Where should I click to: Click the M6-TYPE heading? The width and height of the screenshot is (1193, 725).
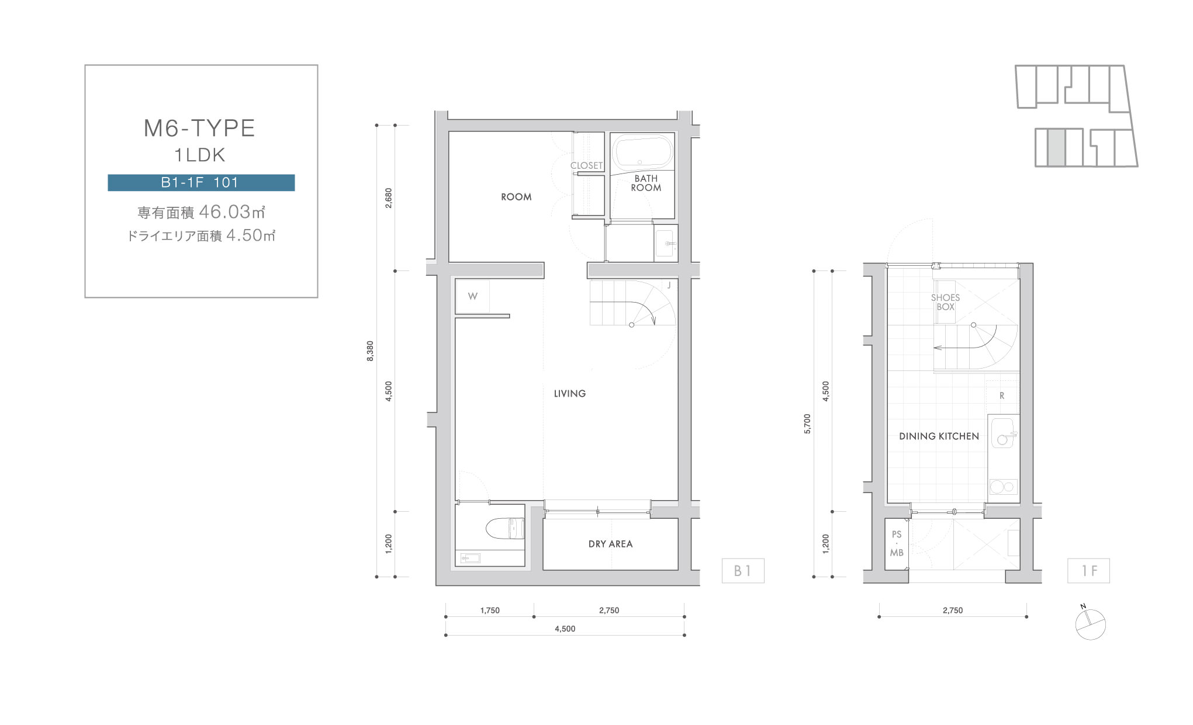199,128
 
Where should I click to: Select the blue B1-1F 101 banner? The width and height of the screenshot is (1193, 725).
201,183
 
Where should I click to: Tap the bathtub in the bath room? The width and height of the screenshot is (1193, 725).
642,153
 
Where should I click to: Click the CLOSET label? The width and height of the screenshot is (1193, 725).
586,165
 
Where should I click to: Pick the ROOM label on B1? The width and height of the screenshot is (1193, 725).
516,197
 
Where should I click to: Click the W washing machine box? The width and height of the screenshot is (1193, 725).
472,296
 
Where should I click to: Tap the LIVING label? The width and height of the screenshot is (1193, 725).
570,394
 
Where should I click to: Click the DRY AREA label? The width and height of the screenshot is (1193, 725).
610,544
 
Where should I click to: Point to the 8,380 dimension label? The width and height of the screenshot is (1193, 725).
370,351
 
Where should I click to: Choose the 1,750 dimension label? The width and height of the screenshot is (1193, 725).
490,610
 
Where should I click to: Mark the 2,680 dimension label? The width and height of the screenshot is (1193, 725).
389,197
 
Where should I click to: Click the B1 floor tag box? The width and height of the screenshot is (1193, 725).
742,571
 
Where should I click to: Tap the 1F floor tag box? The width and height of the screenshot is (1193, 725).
1088,571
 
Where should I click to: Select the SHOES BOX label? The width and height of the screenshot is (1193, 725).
945,302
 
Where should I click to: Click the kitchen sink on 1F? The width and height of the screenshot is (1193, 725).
1004,432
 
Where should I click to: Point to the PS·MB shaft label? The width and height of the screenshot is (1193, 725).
897,543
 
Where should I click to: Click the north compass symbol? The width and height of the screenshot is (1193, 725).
1090,624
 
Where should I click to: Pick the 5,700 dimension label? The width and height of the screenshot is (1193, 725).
807,424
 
